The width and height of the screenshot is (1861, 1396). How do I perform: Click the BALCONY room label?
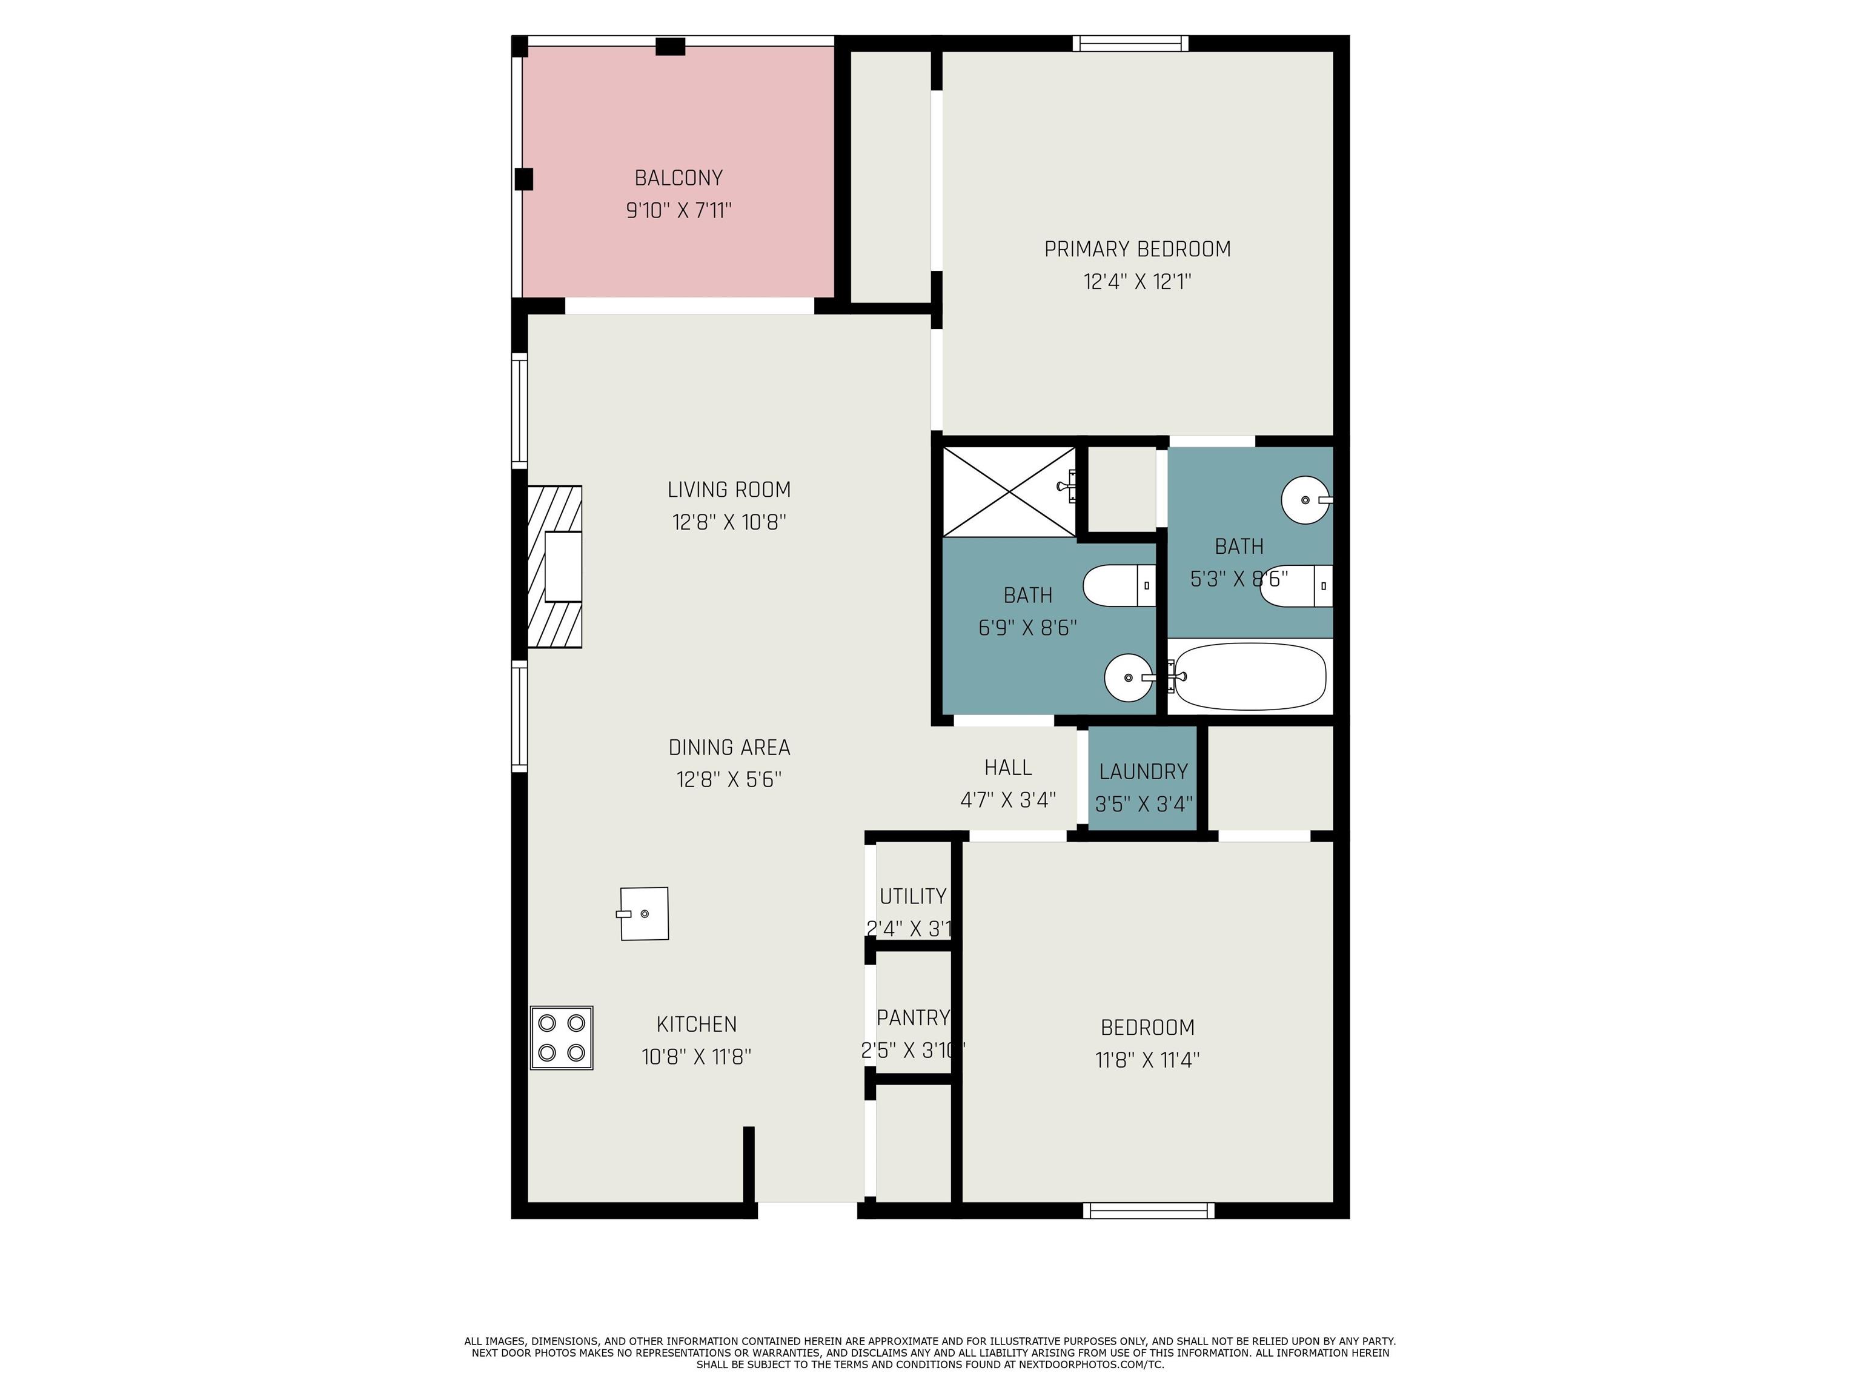pyautogui.click(x=678, y=178)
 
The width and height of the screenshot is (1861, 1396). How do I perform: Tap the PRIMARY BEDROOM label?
pyautogui.click(x=1138, y=249)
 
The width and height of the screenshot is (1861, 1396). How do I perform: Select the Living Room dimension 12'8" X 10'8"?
pyautogui.click(x=729, y=522)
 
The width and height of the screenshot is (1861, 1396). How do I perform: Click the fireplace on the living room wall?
pyautogui.click(x=554, y=567)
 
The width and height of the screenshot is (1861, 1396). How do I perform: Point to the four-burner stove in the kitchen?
pyautogui.click(x=561, y=1037)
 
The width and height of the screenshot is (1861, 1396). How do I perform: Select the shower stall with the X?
pyautogui.click(x=1009, y=492)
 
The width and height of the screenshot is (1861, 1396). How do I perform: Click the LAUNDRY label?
pyautogui.click(x=1143, y=772)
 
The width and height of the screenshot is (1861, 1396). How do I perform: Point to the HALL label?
pyautogui.click(x=1008, y=768)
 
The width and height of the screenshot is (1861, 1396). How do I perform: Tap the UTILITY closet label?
pyautogui.click(x=913, y=896)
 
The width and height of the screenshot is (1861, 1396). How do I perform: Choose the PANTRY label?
pyautogui.click(x=913, y=1018)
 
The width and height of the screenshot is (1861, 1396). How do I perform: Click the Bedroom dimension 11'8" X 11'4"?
pyautogui.click(x=1147, y=1059)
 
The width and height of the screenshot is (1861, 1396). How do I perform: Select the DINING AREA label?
pyautogui.click(x=729, y=747)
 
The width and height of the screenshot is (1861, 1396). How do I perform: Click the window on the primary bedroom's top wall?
pyautogui.click(x=1131, y=43)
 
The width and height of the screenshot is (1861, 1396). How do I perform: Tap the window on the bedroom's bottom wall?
pyautogui.click(x=1149, y=1210)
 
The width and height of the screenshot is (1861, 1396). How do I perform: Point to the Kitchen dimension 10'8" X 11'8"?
pyautogui.click(x=696, y=1057)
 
